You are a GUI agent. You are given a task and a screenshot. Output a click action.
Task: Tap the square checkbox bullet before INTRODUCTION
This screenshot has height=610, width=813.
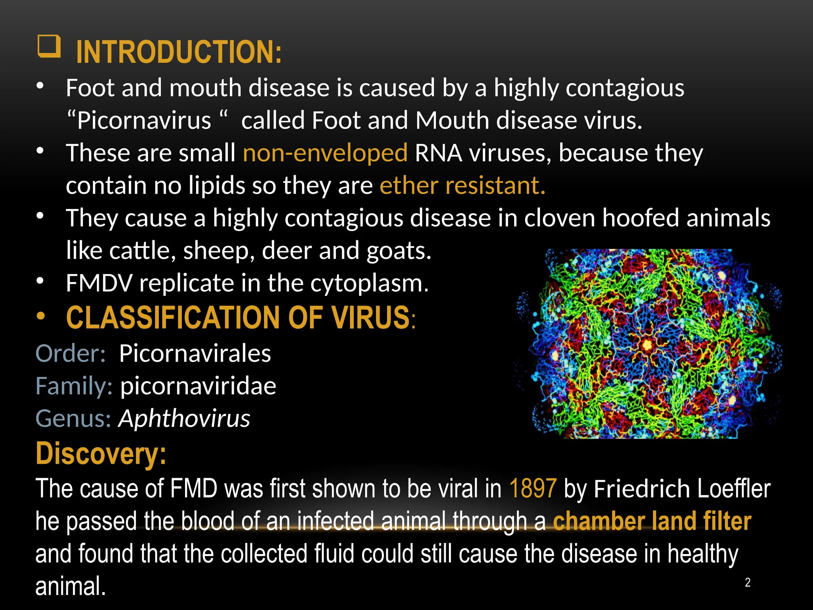(49, 46)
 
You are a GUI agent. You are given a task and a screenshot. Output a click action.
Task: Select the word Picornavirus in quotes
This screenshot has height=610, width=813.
(144, 120)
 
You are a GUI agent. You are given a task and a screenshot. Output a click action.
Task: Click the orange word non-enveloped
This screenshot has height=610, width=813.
(325, 153)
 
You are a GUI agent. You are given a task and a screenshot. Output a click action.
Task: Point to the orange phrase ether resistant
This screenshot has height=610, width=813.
(462, 185)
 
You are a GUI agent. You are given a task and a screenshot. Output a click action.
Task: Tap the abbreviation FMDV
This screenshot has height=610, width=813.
(99, 283)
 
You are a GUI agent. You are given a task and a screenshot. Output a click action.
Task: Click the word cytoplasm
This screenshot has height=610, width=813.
(369, 283)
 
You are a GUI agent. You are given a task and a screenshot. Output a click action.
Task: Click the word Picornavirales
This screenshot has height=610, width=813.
(195, 353)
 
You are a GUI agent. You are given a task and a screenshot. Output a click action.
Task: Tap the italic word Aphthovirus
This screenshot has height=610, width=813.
(185, 418)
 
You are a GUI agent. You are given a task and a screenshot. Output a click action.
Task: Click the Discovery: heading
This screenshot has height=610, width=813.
(101, 453)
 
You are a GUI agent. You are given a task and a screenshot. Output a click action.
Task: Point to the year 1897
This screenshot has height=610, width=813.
(533, 488)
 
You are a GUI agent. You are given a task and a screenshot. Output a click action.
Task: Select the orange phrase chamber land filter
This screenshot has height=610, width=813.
(652, 521)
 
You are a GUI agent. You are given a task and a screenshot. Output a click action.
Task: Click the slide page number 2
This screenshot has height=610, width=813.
(747, 583)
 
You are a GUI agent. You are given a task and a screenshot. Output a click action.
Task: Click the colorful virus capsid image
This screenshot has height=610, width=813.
(647, 344)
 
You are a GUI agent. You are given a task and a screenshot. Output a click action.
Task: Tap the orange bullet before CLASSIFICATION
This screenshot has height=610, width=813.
(40, 317)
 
